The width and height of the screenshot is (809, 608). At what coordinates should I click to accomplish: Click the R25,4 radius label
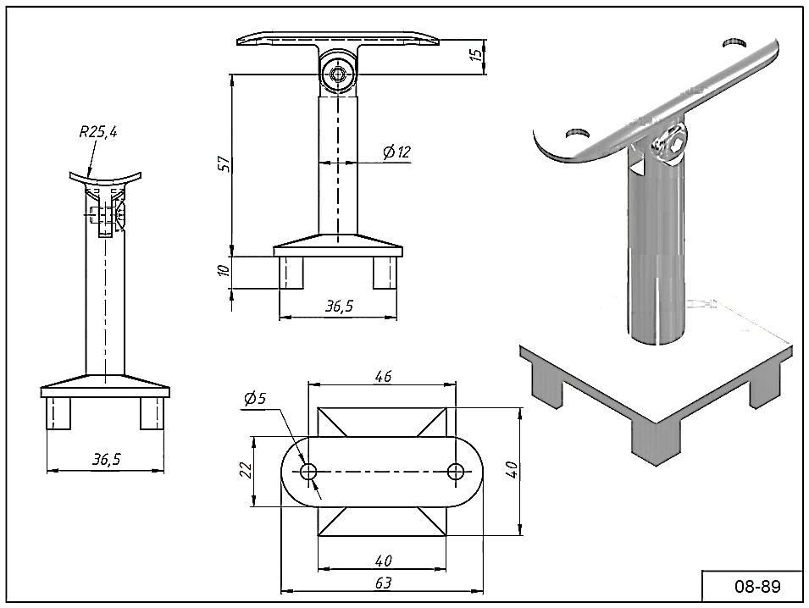pos(98,131)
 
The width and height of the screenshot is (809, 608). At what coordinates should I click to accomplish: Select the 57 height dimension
pos(221,163)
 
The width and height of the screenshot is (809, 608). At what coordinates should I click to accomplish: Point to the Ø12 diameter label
pos(396,152)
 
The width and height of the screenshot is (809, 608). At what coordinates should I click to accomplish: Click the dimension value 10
pos(223,271)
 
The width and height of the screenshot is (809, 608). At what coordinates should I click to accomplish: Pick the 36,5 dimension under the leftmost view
pos(106,459)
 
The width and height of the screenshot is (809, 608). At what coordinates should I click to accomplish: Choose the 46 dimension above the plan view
pos(382,377)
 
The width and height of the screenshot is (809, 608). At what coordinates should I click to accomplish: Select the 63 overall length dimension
pos(382,583)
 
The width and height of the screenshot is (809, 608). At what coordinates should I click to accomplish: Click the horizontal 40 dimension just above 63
pos(382,561)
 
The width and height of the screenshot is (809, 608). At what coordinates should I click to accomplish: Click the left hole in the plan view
pos(308,471)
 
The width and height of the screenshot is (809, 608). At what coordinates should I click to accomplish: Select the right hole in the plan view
pos(457,471)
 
